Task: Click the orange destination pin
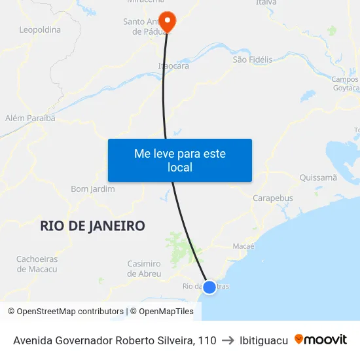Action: (168, 21)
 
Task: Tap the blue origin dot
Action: (209, 287)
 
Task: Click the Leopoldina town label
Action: (40, 29)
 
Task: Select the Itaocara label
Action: (173, 66)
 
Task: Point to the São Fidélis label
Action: (253, 60)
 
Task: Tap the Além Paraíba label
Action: (29, 118)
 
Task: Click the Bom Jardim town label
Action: (93, 189)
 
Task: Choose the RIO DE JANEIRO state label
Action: (92, 226)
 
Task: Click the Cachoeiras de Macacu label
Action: (37, 264)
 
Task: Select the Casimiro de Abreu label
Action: (144, 268)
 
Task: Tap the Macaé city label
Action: (243, 246)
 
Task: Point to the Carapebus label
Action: (273, 198)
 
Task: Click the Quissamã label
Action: (317, 177)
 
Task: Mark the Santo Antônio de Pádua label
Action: (143, 26)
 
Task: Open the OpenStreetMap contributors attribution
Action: (65, 312)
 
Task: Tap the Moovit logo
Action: (321, 340)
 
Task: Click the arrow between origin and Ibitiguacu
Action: (228, 340)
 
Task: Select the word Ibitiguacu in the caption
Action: (264, 340)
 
